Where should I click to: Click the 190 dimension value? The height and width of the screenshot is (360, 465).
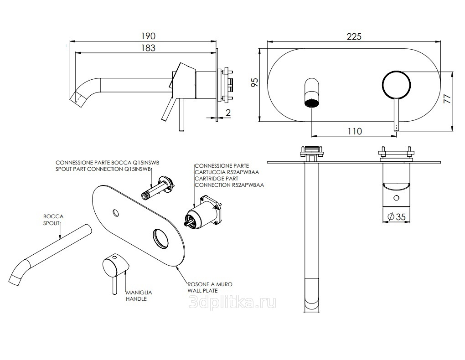point(148,36)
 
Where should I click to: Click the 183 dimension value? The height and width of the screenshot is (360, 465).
point(148,47)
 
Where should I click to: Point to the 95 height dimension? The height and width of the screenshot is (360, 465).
point(255,82)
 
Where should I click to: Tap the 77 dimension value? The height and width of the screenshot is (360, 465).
point(447,100)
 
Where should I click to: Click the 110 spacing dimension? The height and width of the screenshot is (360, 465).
point(354,131)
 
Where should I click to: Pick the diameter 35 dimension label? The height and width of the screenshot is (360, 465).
point(396,217)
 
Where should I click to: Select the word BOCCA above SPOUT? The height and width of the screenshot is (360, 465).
point(53,217)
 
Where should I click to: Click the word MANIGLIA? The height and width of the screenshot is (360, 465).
point(139,292)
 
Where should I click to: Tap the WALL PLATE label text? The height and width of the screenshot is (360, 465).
point(202,290)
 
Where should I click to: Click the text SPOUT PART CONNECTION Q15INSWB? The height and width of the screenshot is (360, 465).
point(103,169)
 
